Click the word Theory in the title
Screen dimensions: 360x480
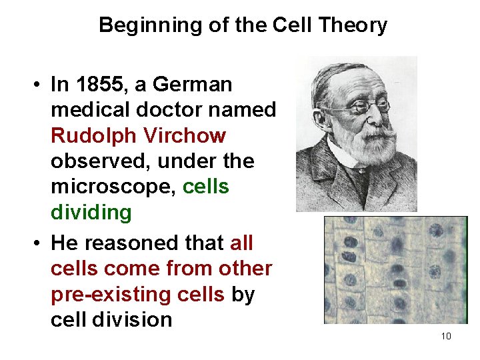pos(353,25)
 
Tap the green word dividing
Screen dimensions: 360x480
pos(91,213)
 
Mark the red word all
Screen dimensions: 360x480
pos(241,243)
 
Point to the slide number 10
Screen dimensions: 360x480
pos(446,335)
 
